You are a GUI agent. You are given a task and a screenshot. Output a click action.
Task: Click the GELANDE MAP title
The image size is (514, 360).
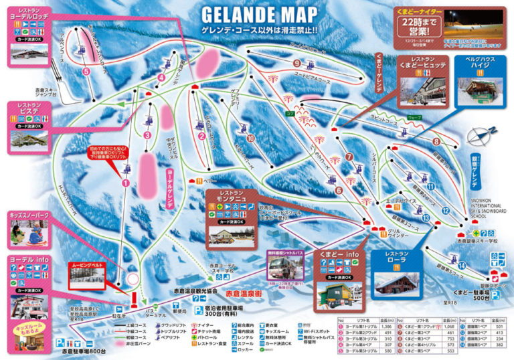[257, 15]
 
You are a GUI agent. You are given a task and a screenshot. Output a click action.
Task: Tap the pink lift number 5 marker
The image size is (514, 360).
[86, 71]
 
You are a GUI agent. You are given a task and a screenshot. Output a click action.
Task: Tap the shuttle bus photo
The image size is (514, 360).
[286, 268]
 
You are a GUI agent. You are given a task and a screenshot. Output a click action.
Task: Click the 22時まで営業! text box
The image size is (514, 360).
[414, 26]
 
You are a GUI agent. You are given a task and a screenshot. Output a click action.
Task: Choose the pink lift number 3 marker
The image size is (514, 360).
[146, 134]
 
